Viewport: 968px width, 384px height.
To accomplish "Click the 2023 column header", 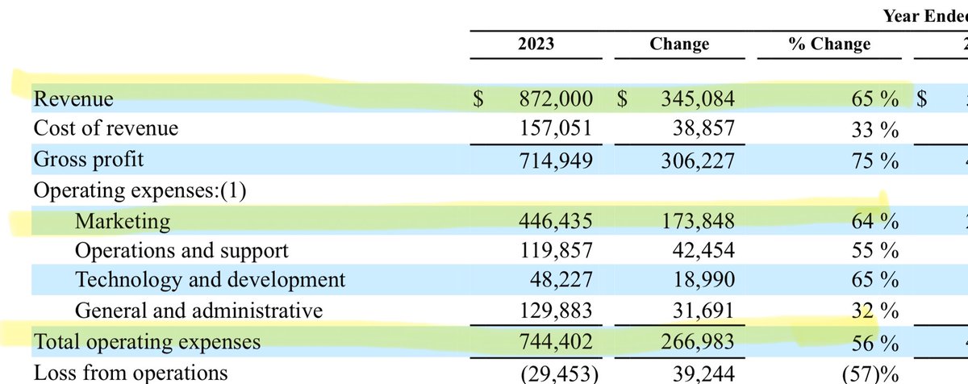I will coord(536,44).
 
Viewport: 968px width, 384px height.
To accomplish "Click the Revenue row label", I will coord(73,99).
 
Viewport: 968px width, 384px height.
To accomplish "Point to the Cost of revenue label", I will coord(106,128).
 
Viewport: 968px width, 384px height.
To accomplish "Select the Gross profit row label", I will coord(89,160).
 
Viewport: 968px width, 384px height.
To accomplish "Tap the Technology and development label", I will coord(210,280).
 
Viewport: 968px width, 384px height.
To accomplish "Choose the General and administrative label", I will coord(198,311).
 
